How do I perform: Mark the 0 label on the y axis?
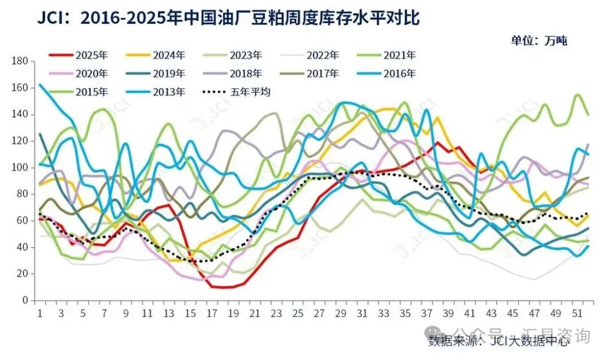click(25, 301)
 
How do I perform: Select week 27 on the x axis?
click(319, 313)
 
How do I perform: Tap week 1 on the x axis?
click(40, 313)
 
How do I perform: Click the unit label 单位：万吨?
click(539, 40)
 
